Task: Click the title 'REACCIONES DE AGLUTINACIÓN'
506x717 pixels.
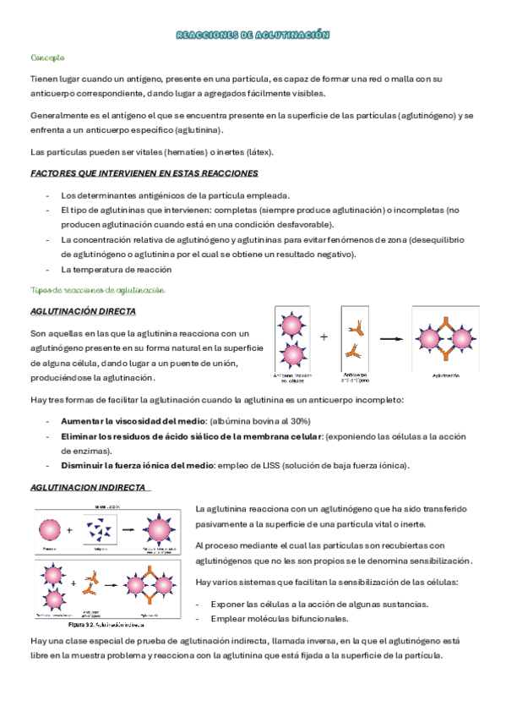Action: pyautogui.click(x=253, y=36)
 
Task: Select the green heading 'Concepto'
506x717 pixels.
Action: pyautogui.click(x=47, y=58)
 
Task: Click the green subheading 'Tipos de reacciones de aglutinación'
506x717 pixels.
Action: pyautogui.click(x=97, y=290)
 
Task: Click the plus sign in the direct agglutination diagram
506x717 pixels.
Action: pyautogui.click(x=324, y=337)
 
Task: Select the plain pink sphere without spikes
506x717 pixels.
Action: pyautogui.click(x=50, y=530)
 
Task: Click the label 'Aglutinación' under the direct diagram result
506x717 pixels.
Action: pyautogui.click(x=445, y=374)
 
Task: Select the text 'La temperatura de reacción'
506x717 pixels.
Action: pyautogui.click(x=116, y=270)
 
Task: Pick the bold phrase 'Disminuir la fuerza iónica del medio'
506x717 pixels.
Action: pyautogui.click(x=138, y=466)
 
